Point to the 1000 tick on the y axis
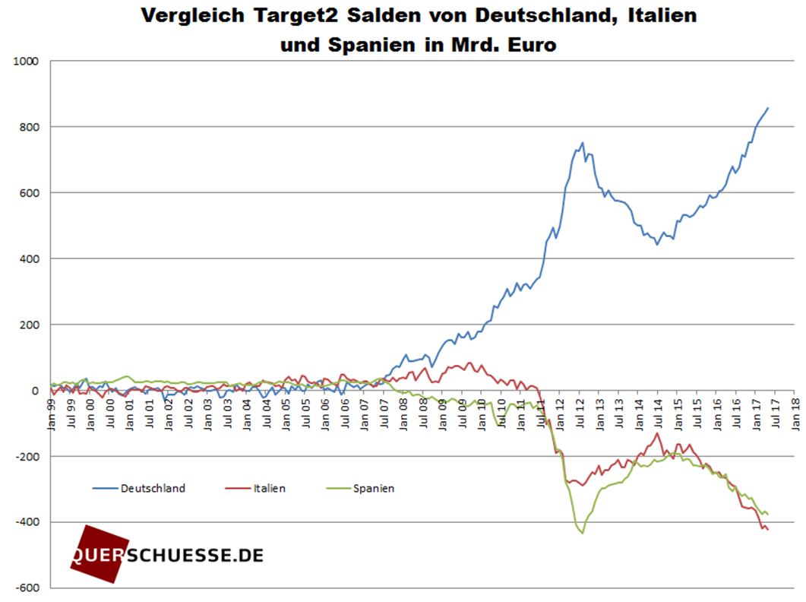29,61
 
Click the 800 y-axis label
32,127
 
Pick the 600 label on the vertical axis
32,193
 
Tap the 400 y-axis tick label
32,259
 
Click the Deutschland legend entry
153,489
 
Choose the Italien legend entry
270,489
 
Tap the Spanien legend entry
374,489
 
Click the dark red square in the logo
95,554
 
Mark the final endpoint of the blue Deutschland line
768,108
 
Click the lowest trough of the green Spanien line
583,533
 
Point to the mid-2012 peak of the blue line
583,142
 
